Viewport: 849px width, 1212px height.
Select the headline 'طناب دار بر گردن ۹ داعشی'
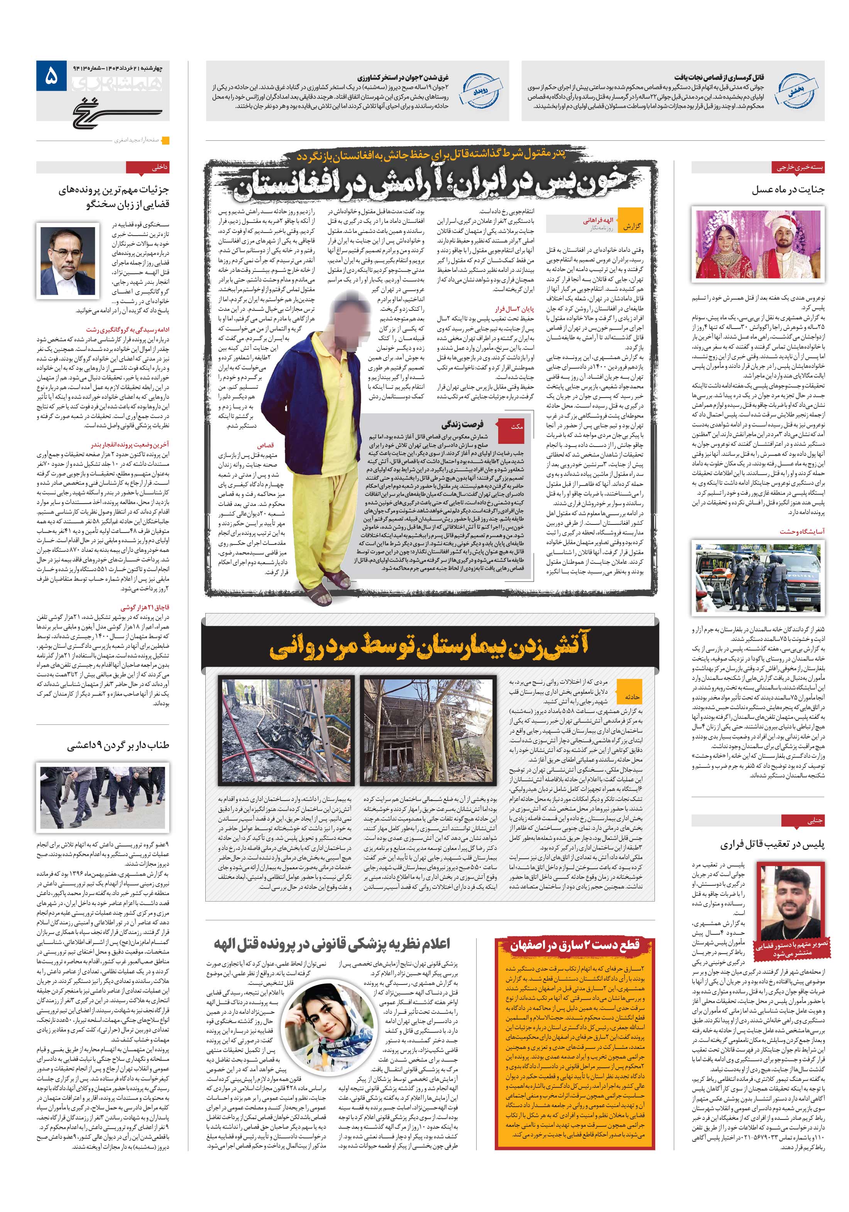tap(118, 746)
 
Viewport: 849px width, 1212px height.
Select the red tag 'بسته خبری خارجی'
tap(798, 167)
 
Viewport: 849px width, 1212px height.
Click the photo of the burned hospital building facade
tap(428, 730)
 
